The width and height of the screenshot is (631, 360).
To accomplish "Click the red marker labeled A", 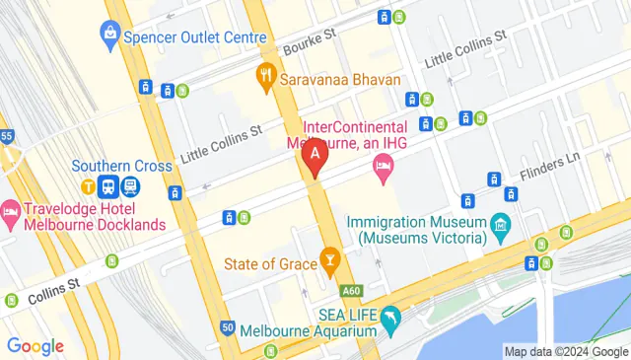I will [x=315, y=156].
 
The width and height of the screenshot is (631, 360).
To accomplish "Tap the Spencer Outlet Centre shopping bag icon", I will [x=108, y=36].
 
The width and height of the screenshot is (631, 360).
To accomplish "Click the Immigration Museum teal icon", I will [x=501, y=228].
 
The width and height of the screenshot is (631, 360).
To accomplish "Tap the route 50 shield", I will [x=228, y=327].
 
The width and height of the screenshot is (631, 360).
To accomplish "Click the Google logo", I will [x=35, y=346].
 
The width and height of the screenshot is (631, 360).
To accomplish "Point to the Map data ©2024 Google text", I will [x=564, y=351].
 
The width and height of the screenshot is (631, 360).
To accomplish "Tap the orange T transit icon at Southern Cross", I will [x=88, y=184].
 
